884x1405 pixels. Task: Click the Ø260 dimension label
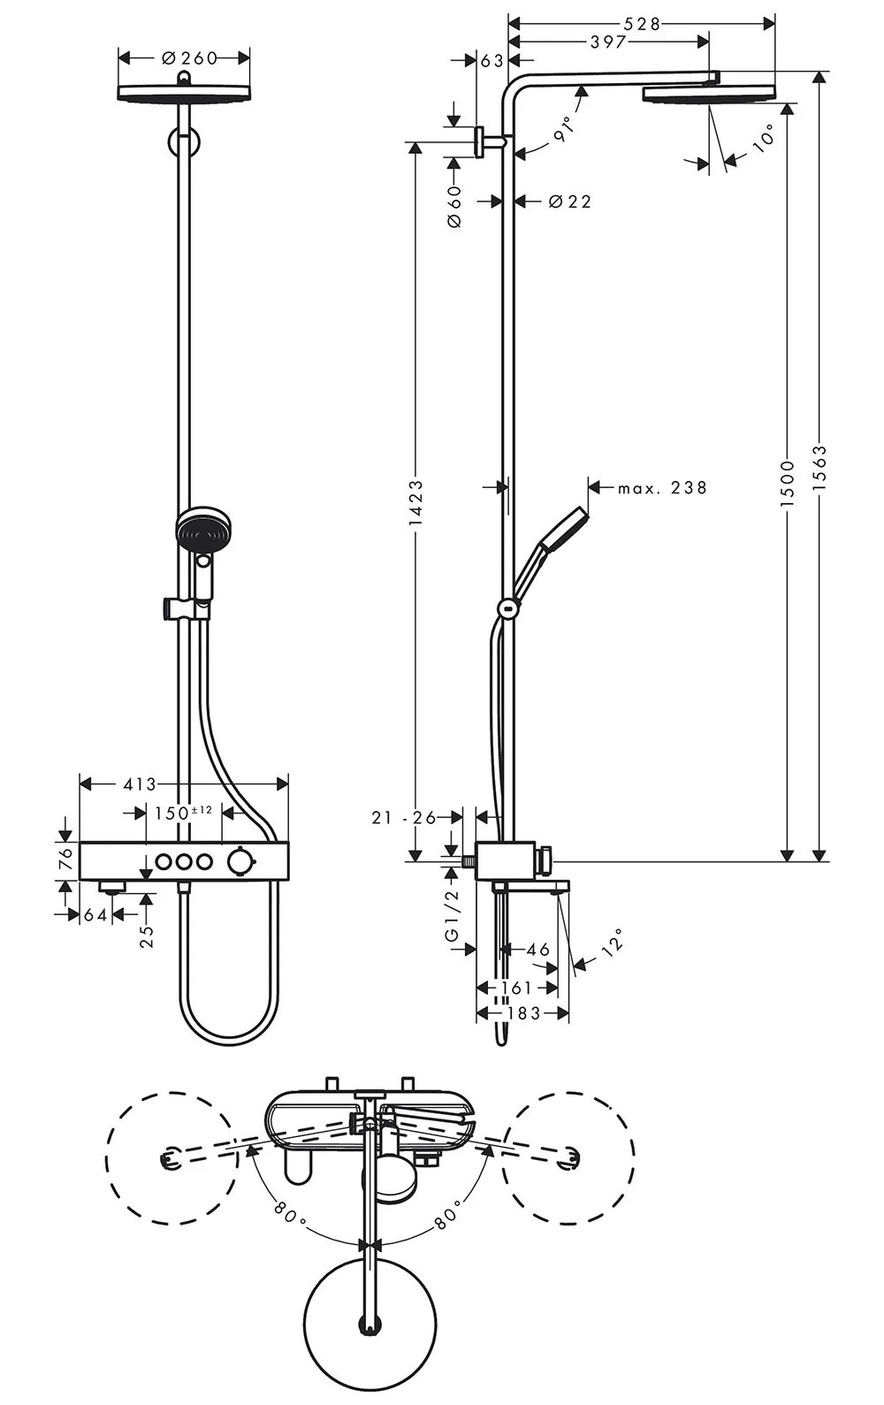click(189, 58)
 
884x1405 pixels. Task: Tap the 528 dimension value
click(642, 24)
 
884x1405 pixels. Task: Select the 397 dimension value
click(608, 42)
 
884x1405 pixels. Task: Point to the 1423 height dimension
click(415, 503)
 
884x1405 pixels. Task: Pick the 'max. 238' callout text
click(662, 487)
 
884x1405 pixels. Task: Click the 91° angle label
click(564, 129)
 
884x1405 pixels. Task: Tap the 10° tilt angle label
click(764, 139)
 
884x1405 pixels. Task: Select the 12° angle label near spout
click(612, 942)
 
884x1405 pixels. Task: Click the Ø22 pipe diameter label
click(569, 202)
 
